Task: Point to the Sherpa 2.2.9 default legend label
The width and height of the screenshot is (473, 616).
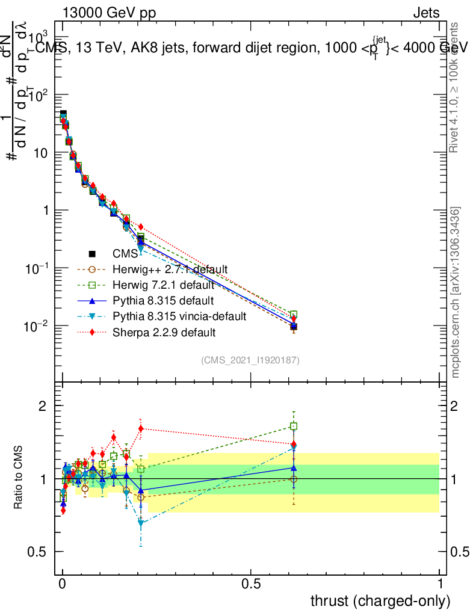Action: point(164,331)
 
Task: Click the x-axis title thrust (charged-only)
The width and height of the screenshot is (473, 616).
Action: point(380,600)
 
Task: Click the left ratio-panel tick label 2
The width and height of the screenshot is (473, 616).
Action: point(42,406)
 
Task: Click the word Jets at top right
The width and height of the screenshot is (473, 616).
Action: point(426,13)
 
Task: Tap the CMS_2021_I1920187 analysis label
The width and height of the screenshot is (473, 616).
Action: point(251,360)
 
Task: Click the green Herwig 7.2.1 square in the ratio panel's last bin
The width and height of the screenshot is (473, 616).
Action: point(294,426)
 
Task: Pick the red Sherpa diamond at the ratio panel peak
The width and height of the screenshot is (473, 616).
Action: point(141,429)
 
